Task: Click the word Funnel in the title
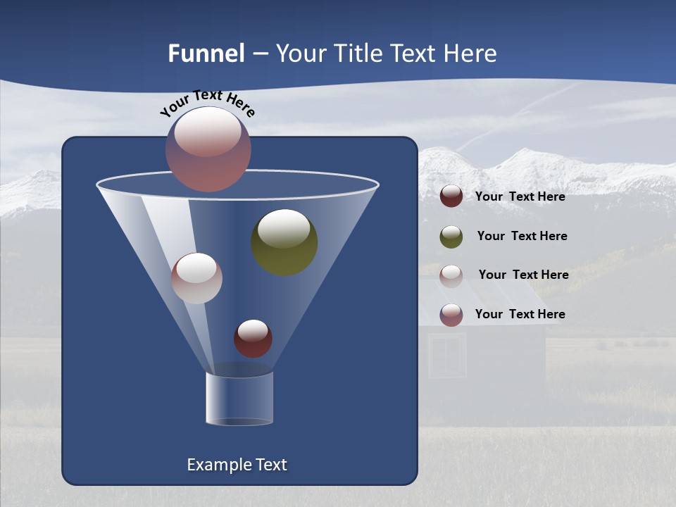pyautogui.click(x=206, y=54)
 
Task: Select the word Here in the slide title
pyautogui.click(x=470, y=54)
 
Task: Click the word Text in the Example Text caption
pyautogui.click(x=270, y=465)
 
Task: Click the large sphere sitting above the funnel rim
pyautogui.click(x=208, y=149)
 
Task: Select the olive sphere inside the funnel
pyautogui.click(x=284, y=242)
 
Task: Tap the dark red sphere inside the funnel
pyautogui.click(x=253, y=339)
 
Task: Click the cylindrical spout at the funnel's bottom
pyautogui.click(x=239, y=399)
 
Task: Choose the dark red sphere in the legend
pyautogui.click(x=451, y=196)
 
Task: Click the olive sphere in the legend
pyautogui.click(x=451, y=237)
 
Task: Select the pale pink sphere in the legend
pyautogui.click(x=451, y=276)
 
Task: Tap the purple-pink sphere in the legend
pyautogui.click(x=451, y=315)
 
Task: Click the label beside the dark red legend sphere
pyautogui.click(x=520, y=196)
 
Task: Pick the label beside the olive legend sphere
pyautogui.click(x=522, y=236)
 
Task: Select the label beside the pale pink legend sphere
pyautogui.click(x=523, y=275)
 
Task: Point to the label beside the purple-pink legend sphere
pyautogui.click(x=520, y=314)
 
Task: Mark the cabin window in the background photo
pyautogui.click(x=446, y=356)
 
